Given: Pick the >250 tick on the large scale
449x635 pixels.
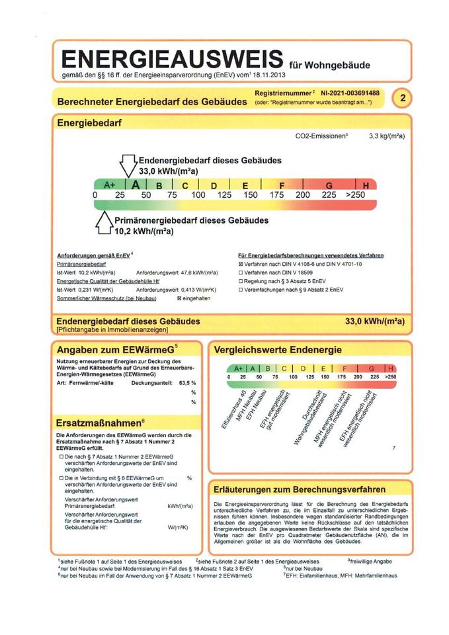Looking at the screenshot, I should [x=356, y=196].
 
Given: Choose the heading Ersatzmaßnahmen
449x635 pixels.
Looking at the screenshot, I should [x=97, y=423].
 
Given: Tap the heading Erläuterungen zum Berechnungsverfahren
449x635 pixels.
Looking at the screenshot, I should [x=300, y=490].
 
